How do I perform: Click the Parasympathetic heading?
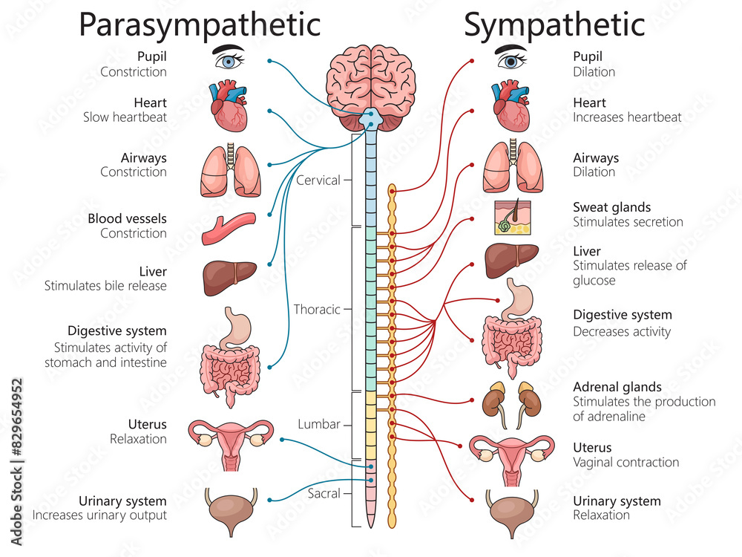(x=200, y=25)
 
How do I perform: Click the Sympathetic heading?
(x=554, y=25)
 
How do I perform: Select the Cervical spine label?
(x=318, y=180)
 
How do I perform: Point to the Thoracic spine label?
(x=317, y=309)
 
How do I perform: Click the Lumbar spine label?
(x=319, y=424)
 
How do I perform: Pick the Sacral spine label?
(x=324, y=493)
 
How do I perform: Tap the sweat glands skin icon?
(x=510, y=216)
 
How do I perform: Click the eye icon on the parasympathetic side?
(x=229, y=58)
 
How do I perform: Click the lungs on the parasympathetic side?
(x=230, y=171)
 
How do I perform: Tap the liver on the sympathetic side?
(x=511, y=260)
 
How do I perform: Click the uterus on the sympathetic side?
(x=511, y=455)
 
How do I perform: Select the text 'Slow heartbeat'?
(x=134, y=117)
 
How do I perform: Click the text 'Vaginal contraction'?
(x=626, y=462)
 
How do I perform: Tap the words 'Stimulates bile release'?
(x=105, y=286)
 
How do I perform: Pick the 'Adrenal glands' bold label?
(x=617, y=387)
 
